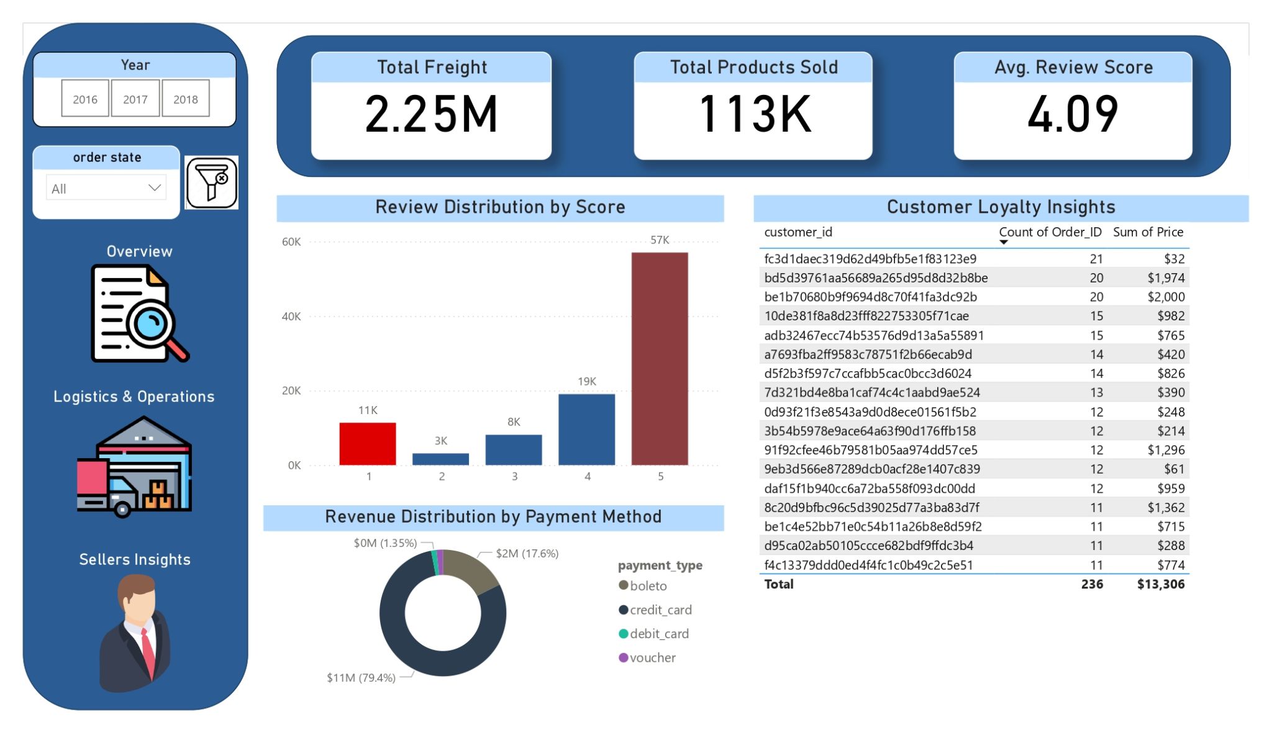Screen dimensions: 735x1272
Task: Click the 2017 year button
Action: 135,99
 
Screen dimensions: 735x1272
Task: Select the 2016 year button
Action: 85,99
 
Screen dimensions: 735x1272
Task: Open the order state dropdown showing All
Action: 106,188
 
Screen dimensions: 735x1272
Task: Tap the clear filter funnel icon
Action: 212,183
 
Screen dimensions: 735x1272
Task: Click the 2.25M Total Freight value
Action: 432,114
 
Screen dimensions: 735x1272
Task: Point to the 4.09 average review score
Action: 1073,114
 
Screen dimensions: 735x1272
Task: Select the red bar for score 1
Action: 368,443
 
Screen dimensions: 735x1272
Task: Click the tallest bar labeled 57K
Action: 660,358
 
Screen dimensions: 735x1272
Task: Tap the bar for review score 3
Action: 514,449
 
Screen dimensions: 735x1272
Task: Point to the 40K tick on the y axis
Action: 291,317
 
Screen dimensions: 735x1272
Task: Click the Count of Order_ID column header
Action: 1050,232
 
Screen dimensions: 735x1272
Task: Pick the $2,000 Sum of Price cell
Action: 1166,297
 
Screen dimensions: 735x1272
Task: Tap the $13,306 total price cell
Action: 1160,584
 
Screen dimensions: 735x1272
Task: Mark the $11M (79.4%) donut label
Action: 361,677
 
